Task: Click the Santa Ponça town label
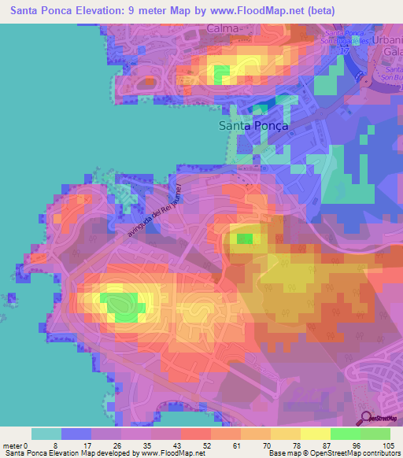tap(253, 125)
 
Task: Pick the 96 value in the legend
tap(360, 445)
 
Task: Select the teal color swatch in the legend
tap(46, 434)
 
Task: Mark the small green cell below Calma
tap(221, 74)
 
